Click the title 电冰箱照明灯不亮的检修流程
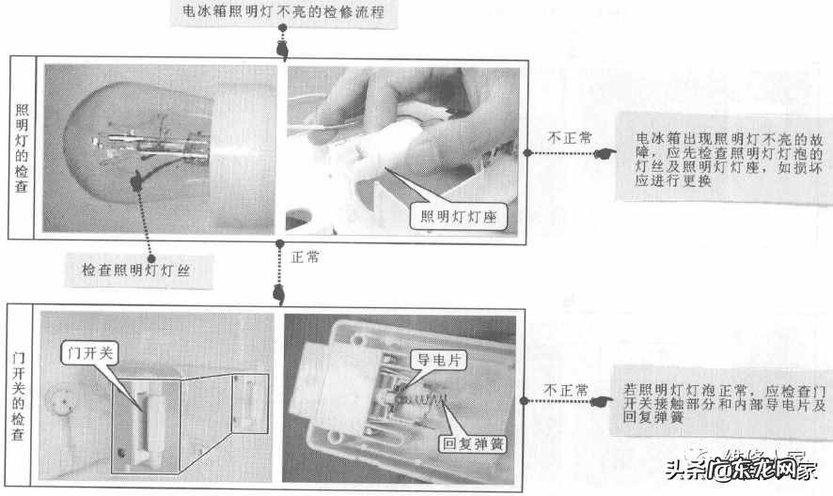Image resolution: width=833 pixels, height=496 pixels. click(x=279, y=13)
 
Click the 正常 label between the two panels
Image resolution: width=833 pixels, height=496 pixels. click(x=306, y=256)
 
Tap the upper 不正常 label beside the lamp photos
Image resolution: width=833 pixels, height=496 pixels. click(x=570, y=137)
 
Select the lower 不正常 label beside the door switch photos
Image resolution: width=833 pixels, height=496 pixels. click(x=567, y=390)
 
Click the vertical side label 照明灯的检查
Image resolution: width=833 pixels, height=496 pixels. click(x=22, y=147)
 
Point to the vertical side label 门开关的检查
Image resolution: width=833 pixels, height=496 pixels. click(x=22, y=396)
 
